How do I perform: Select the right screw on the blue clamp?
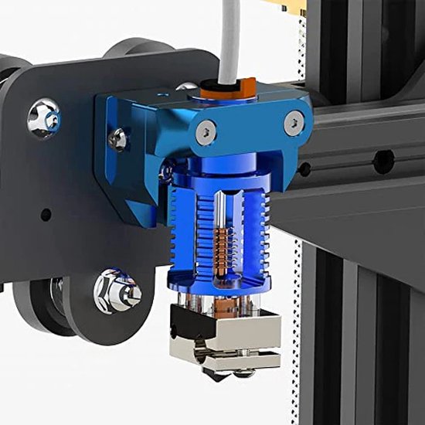[x=294, y=121]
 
